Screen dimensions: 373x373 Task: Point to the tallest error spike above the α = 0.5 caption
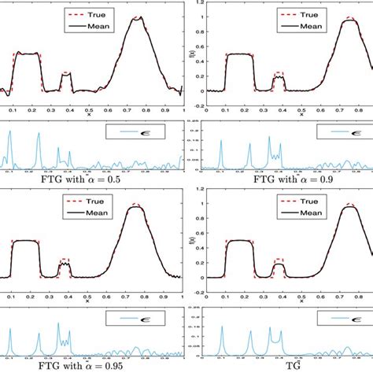click(x=10, y=132)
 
